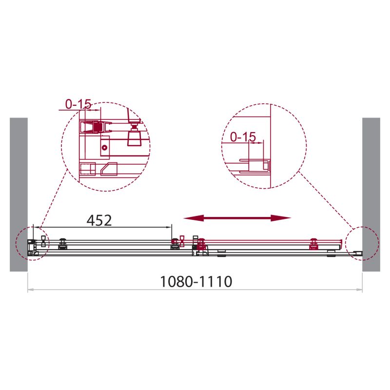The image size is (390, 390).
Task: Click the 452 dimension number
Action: pyautogui.click(x=99, y=220)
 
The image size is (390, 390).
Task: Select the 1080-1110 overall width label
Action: pyautogui.click(x=195, y=281)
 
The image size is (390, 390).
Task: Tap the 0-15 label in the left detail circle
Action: pyautogui.click(x=78, y=103)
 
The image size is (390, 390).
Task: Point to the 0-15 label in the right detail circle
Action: pyautogui.click(x=243, y=137)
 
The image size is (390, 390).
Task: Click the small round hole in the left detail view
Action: pyautogui.click(x=104, y=148)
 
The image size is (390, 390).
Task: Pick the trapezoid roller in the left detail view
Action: pyautogui.click(x=134, y=139)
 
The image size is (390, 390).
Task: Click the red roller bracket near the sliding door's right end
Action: pyautogui.click(x=314, y=242)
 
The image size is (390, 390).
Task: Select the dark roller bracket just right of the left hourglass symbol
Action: pyautogui.click(x=62, y=242)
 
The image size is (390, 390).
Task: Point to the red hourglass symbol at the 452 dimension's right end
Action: pyautogui.click(x=182, y=241)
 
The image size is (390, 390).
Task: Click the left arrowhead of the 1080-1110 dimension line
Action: pyautogui.click(x=30, y=290)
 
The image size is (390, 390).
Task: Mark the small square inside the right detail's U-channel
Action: pyautogui.click(x=265, y=166)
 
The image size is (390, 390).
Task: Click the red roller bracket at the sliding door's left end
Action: pyautogui.click(x=200, y=242)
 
